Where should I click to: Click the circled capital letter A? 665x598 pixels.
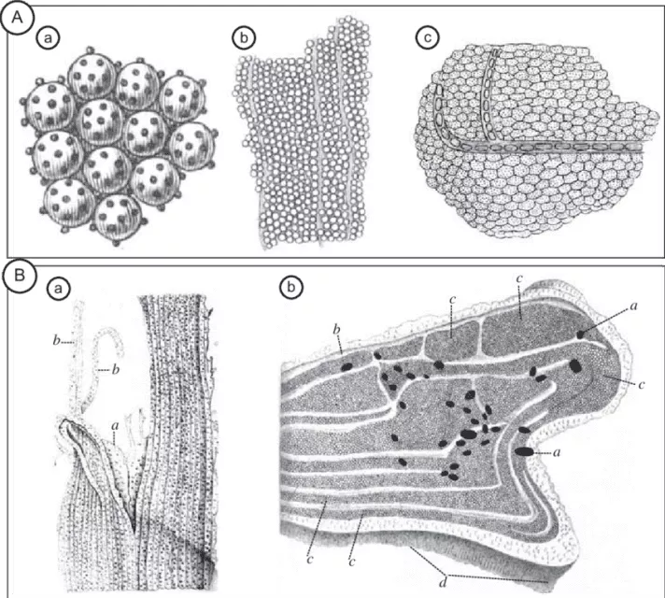point(17,19)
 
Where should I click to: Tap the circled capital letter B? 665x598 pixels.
point(18,277)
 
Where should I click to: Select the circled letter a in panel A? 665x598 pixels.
point(48,38)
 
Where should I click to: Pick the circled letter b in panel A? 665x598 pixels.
point(244,38)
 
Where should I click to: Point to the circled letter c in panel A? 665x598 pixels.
point(428,38)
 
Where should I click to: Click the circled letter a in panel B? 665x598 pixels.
point(58,289)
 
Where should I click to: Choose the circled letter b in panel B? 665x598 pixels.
point(291,289)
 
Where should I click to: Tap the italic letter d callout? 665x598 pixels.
point(443,584)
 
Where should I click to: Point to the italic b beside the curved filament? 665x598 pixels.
point(115,370)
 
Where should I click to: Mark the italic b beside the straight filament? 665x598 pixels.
point(56,341)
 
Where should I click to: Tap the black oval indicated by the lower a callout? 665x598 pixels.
point(524,451)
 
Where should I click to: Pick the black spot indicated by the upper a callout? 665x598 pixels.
point(580,335)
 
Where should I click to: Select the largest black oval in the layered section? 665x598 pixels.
point(468,434)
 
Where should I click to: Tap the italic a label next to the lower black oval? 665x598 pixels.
point(558,453)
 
